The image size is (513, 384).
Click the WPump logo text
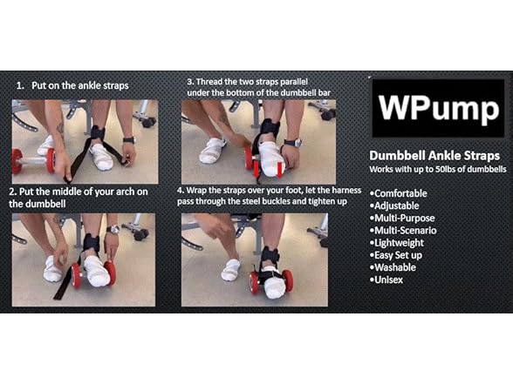pyautogui.click(x=438, y=108)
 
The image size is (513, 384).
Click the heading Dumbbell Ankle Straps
pyautogui.click(x=434, y=156)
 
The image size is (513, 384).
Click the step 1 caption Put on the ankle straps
pyautogui.click(x=80, y=85)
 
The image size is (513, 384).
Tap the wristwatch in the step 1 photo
pyautogui.click(x=129, y=140)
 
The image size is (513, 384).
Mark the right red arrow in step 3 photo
pyautogui.click(x=280, y=171)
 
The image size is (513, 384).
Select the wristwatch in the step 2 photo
pyautogui.click(x=113, y=230)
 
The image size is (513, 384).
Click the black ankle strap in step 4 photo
pyautogui.click(x=270, y=255)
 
